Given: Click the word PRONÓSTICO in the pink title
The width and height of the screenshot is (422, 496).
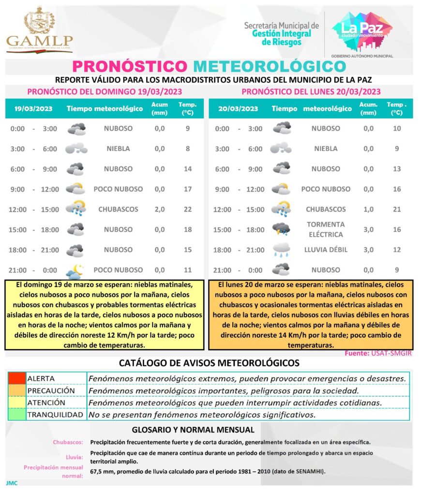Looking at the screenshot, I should (129, 66).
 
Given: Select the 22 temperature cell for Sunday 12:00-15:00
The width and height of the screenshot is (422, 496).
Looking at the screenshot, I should (188, 209).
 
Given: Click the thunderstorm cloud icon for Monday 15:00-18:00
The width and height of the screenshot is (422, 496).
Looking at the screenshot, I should (281, 229).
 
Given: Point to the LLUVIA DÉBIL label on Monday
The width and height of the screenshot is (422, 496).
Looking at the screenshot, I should (326, 250).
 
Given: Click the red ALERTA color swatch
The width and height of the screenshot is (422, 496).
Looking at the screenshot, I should (16, 378).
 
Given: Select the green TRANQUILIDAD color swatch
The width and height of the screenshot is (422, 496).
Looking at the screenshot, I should (16, 415).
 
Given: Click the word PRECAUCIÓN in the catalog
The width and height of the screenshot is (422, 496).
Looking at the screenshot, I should (51, 390).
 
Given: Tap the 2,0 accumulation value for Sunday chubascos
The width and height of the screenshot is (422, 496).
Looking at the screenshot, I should (160, 209).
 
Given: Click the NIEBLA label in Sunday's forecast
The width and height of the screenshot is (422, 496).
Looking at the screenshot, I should (118, 149).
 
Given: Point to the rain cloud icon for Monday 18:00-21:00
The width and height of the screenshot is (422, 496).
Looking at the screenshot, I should (281, 249).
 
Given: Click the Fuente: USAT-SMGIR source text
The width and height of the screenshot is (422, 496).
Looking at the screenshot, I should (378, 353).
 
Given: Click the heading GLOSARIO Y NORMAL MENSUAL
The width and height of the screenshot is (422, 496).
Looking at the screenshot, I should (193, 430).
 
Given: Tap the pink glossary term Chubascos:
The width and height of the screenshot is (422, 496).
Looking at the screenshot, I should (68, 442).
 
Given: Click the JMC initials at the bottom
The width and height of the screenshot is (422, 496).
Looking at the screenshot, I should (12, 483).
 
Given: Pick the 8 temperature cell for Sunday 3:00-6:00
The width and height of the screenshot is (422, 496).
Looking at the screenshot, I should (188, 149).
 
